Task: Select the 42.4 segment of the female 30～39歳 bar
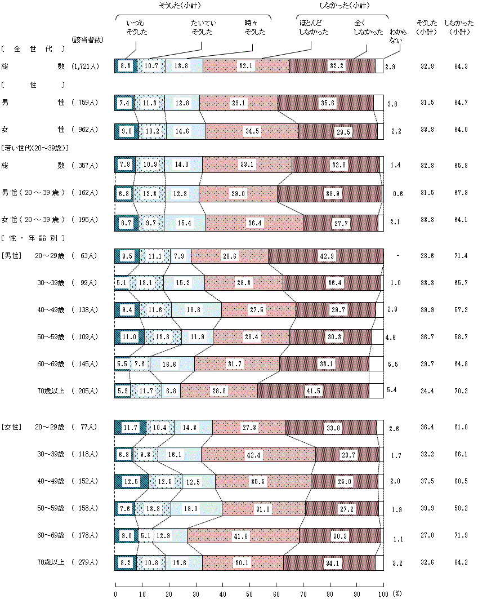point(258,454)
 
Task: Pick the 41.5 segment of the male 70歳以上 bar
point(313,390)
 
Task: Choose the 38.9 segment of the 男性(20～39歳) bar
point(330,193)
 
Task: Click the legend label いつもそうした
point(135,27)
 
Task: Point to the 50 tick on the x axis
point(249,593)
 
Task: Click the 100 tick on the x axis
point(383,593)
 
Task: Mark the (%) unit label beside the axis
point(397,593)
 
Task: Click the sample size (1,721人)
point(86,66)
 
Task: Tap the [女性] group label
point(11,427)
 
